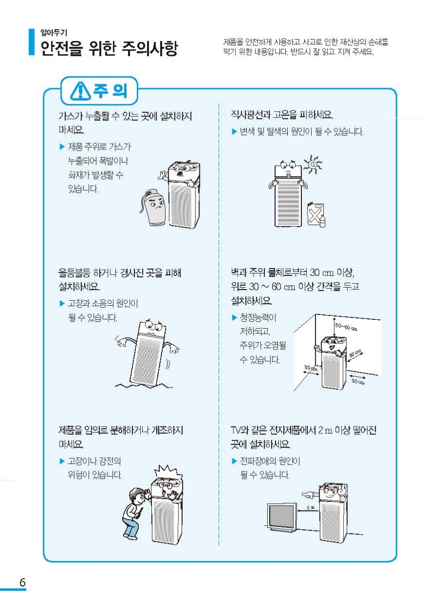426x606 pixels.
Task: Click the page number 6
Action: coord(22,582)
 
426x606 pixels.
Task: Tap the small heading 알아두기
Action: coord(54,33)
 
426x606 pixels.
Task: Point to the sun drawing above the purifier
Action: coord(313,164)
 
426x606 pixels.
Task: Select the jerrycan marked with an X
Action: coord(315,214)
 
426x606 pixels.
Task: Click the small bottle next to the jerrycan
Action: coord(322,221)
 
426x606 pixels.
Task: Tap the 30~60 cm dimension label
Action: coord(346,327)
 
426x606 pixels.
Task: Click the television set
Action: coord(282,517)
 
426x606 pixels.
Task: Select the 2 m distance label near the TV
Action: coord(311,507)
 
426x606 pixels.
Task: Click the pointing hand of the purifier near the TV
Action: coord(310,495)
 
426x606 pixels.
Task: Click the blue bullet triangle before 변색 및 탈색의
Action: coord(234,132)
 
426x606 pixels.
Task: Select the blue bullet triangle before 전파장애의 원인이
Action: coord(234,461)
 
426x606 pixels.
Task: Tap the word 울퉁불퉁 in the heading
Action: coord(74,272)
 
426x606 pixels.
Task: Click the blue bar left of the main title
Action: coord(32,42)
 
